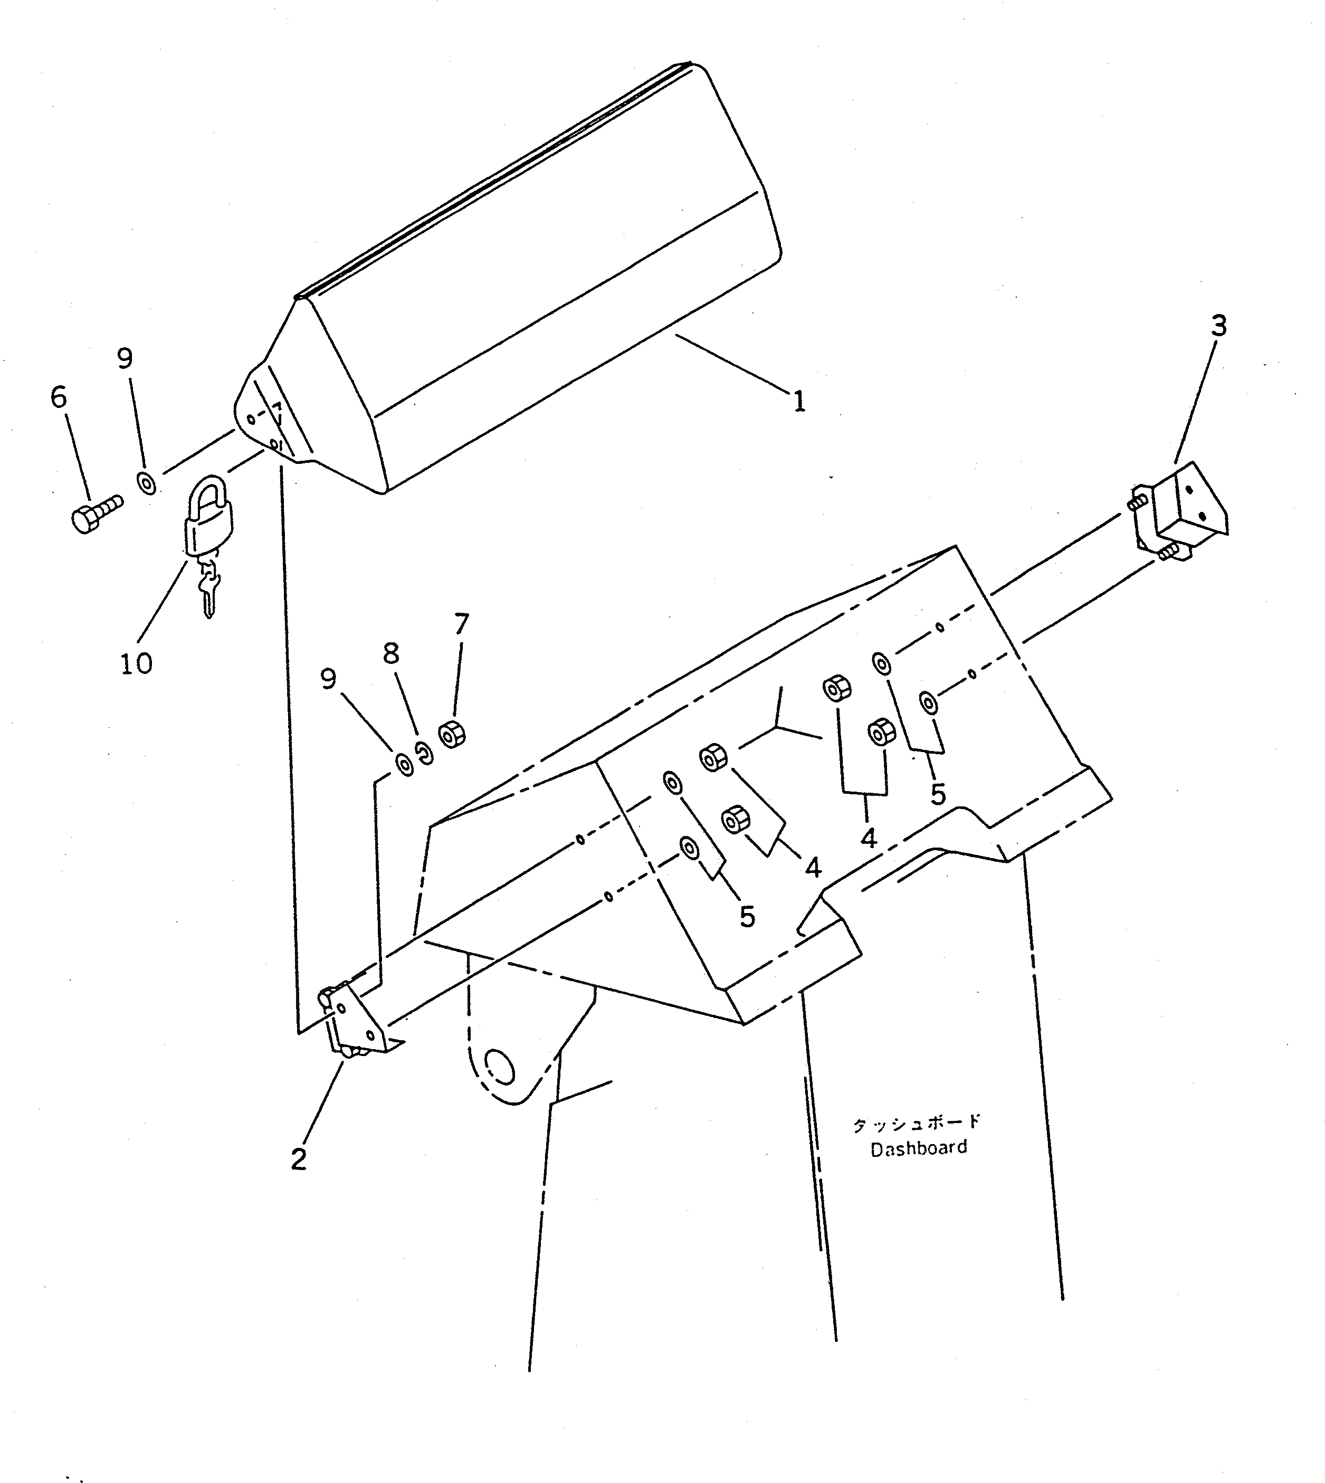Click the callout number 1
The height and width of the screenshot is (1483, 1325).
pos(798,401)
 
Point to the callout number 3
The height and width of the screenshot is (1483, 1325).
pos(1218,326)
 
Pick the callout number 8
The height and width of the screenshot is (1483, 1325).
pos(391,654)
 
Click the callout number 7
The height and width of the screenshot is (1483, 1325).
pos(461,624)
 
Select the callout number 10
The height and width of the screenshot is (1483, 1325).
pos(136,663)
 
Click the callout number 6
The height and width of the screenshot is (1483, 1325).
pos(58,397)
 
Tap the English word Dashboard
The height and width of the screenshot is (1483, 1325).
pos(919,1148)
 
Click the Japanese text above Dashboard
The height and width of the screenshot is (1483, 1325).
pos(917,1122)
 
